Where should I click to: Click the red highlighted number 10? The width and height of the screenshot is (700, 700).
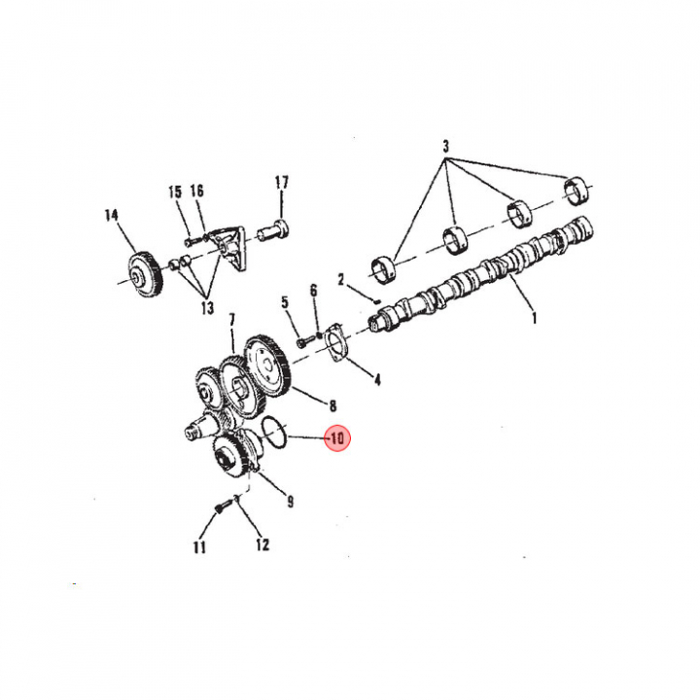coord(337,438)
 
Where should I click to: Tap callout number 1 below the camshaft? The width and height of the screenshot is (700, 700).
coord(535,318)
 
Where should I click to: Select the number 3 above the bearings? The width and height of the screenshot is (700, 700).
coord(446,146)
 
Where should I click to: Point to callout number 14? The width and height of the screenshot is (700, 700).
coord(112,215)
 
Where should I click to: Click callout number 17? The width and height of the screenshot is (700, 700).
coord(281,182)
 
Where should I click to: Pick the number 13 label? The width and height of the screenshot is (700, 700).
coord(208,307)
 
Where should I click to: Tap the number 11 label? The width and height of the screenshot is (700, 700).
coord(199,546)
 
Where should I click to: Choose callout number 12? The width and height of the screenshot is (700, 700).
coord(262,544)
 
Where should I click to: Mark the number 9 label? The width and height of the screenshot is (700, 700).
coord(291,502)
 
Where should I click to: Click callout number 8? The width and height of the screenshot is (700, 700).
coord(332,405)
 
